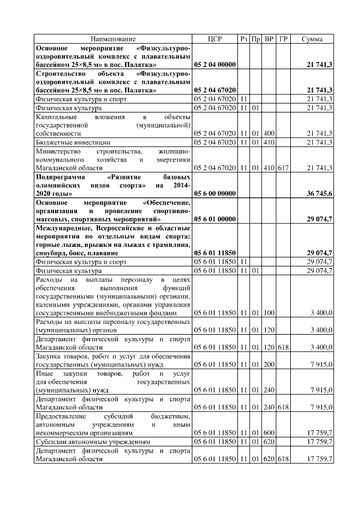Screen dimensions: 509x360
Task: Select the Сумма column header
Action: (312, 39)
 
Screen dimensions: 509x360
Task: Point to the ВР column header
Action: (269, 39)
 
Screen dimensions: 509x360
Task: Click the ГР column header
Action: (283, 39)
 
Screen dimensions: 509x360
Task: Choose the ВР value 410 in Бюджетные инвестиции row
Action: (269, 142)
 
